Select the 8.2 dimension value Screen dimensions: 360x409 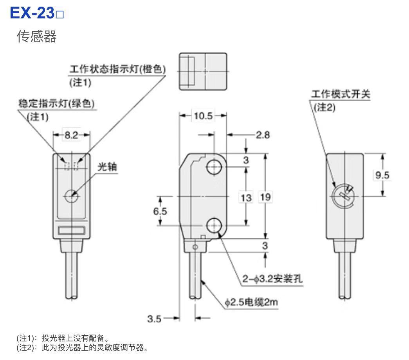(x=71, y=135)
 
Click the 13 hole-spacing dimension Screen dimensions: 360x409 (x=246, y=197)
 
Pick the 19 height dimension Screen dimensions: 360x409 (x=265, y=197)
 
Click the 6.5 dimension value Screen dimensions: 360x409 (x=160, y=211)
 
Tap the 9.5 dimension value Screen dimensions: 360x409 (x=382, y=175)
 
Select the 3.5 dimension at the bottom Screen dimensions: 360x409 (x=155, y=319)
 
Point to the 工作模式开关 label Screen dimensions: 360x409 (x=340, y=95)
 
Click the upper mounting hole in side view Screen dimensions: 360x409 (x=214, y=168)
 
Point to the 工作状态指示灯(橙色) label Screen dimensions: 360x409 (x=117, y=69)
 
